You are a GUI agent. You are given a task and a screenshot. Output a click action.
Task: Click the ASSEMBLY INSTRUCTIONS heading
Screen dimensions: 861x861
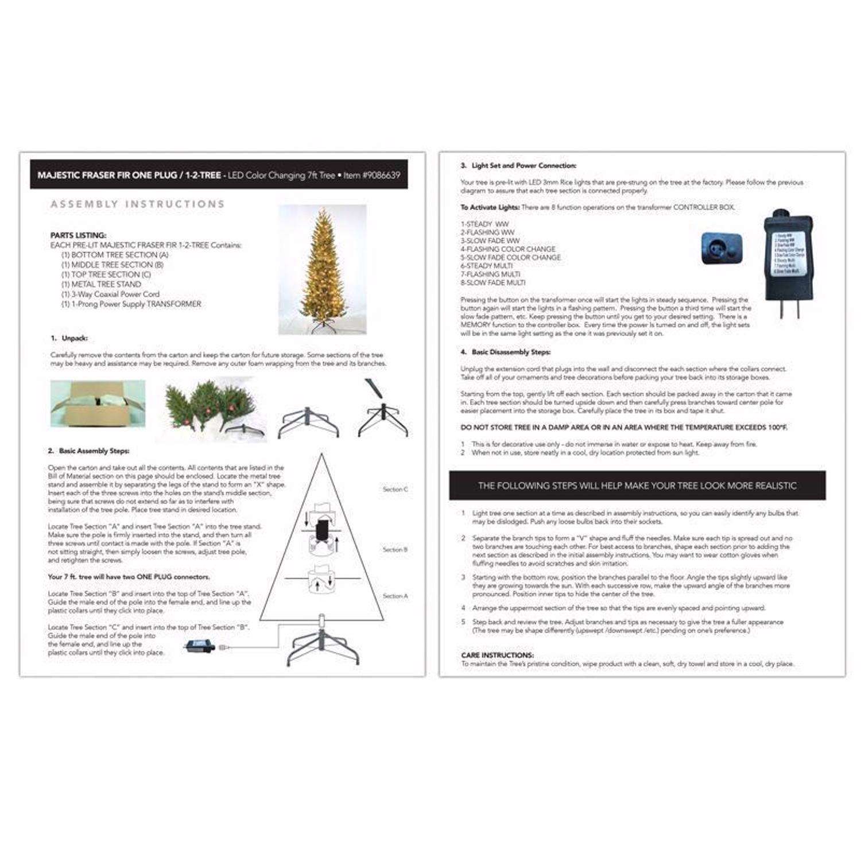(x=137, y=204)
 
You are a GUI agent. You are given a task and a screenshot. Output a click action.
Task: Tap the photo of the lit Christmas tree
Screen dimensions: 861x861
(x=322, y=269)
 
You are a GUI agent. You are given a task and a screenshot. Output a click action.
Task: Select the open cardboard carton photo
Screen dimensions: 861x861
(x=98, y=403)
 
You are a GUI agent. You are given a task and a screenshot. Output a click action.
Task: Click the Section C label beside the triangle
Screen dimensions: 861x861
(x=395, y=490)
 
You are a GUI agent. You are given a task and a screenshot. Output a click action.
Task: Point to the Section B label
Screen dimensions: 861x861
(x=395, y=550)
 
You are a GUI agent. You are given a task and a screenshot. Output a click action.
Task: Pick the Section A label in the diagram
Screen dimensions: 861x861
(x=395, y=596)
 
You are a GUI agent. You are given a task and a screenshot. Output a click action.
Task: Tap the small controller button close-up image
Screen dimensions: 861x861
(x=722, y=249)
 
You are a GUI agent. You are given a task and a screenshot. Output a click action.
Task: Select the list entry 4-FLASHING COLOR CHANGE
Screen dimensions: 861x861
(x=507, y=249)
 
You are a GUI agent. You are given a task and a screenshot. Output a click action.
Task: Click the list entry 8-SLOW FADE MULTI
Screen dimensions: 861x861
(x=492, y=282)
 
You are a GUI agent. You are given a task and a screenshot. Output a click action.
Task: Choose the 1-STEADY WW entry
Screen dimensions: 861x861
(x=484, y=224)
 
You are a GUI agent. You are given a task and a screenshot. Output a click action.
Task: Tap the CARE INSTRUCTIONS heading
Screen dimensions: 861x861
(x=497, y=655)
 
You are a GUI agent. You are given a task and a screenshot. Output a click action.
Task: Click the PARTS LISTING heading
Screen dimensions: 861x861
(x=78, y=235)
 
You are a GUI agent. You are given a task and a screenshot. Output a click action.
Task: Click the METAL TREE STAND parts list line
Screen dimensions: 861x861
(x=101, y=284)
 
